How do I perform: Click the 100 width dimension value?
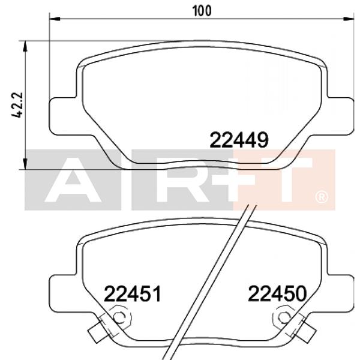[201, 10]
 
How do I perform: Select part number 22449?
[238, 140]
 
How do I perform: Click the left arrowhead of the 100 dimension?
[53, 19]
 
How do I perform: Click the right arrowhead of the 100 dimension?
[349, 19]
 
